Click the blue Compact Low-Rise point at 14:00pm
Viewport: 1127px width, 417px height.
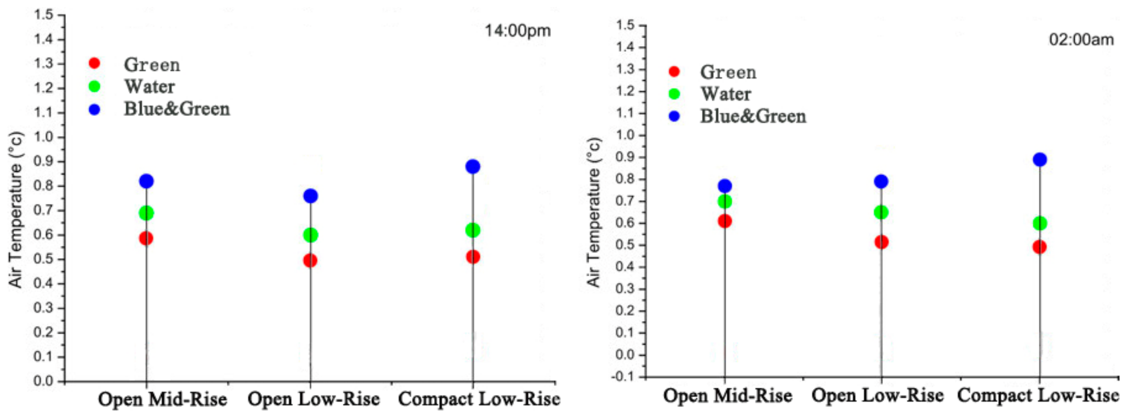(472, 167)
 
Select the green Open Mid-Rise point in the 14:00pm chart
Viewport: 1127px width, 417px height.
(146, 213)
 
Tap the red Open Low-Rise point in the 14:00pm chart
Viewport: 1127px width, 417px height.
(310, 261)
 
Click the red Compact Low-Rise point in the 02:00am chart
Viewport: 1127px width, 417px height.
(1039, 247)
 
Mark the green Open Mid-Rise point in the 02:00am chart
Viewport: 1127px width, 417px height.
(725, 201)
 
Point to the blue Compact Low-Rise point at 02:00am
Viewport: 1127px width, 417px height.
(1040, 159)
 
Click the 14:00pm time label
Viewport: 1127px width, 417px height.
(518, 31)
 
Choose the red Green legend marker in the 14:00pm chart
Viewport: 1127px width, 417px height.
(94, 64)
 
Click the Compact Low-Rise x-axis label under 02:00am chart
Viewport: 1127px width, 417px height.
(1038, 395)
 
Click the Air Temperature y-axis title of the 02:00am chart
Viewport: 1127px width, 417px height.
(594, 212)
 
